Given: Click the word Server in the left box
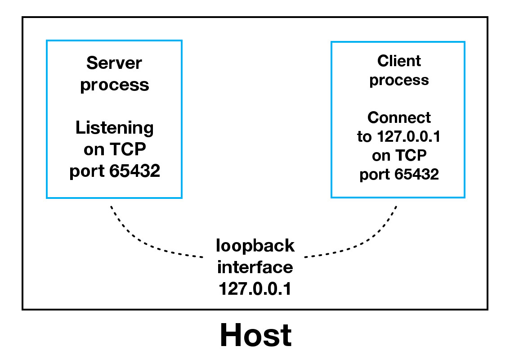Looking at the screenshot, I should point(114,63).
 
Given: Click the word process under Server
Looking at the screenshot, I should point(114,85).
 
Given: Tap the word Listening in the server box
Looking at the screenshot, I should point(114,128).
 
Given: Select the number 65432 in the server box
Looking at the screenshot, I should point(134,171).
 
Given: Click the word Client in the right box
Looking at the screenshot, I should point(399,61).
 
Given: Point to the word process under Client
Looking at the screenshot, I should point(399,81).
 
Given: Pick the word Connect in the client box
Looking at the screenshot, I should point(399,117).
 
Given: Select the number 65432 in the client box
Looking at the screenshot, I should point(416,175).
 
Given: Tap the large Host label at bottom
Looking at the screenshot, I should point(255,335).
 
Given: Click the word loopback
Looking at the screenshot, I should point(255,246).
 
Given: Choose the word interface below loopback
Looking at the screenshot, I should point(255,267).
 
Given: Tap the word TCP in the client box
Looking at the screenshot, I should point(410,156).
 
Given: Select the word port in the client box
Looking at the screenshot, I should point(375,175).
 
